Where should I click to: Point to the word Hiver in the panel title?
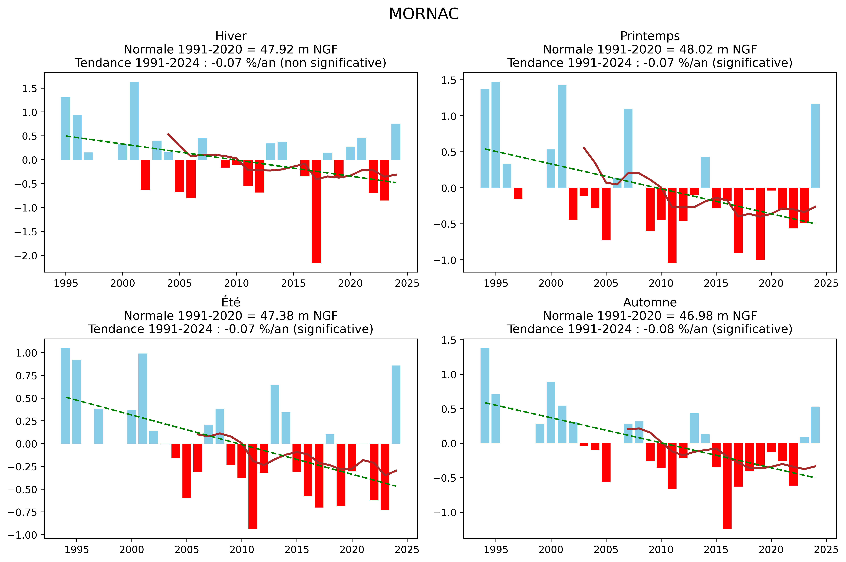point(231,36)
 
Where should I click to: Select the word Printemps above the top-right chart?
point(650,36)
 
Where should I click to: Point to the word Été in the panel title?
point(231,302)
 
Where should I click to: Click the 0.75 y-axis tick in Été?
point(26,376)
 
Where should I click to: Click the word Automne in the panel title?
point(650,302)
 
